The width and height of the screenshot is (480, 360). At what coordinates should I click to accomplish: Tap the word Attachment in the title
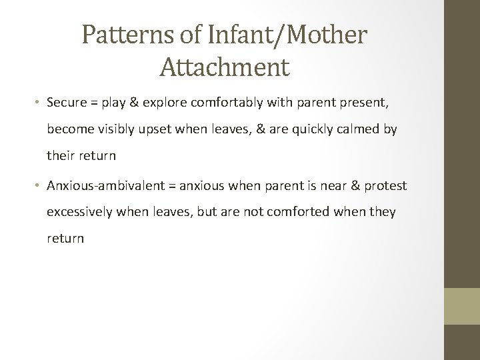pyautogui.click(x=225, y=67)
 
